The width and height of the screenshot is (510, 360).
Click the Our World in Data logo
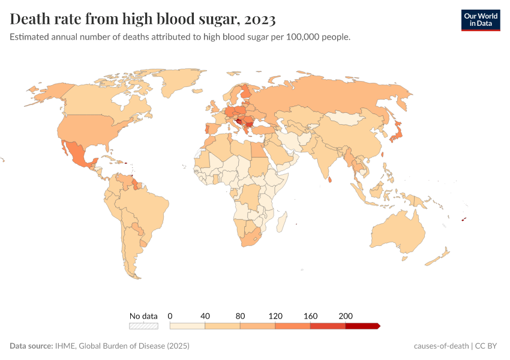point(481,20)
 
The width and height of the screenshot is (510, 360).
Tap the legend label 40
point(205,316)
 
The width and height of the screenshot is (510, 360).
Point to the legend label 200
point(346,316)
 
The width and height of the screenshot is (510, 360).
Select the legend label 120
point(275,316)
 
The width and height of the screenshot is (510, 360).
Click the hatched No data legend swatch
point(143,326)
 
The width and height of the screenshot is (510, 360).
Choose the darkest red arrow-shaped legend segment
point(362,326)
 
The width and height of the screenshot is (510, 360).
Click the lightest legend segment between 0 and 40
point(188,326)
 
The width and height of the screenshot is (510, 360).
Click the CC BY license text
point(488,346)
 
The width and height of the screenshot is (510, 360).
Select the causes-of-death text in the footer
point(441,346)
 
